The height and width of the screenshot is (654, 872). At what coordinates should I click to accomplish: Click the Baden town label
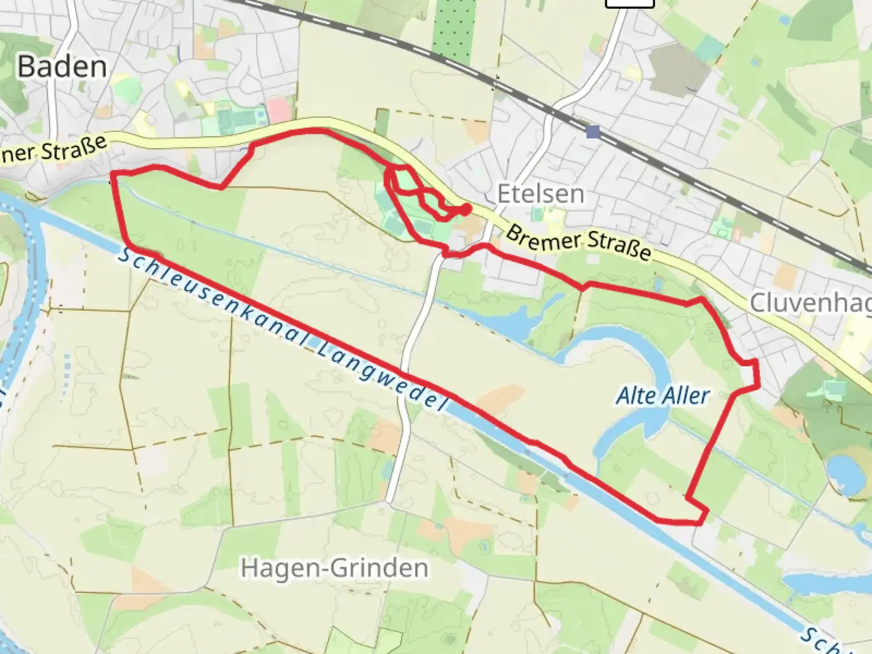coord(62,67)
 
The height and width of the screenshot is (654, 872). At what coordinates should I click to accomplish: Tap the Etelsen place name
coord(541,194)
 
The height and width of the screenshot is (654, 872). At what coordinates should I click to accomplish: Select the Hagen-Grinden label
coord(334,568)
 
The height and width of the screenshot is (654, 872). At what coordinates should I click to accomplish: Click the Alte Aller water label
coord(662,396)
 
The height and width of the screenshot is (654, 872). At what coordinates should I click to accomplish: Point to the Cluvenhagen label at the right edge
coord(810,303)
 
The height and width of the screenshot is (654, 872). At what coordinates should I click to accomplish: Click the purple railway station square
coord(593,132)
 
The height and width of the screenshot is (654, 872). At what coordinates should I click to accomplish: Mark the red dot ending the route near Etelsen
coord(466,210)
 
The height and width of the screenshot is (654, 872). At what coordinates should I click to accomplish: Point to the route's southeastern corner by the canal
coord(702,518)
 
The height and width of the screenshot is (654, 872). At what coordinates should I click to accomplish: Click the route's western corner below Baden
coord(113,174)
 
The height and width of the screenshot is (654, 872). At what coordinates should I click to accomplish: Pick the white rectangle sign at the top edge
coord(630,3)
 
